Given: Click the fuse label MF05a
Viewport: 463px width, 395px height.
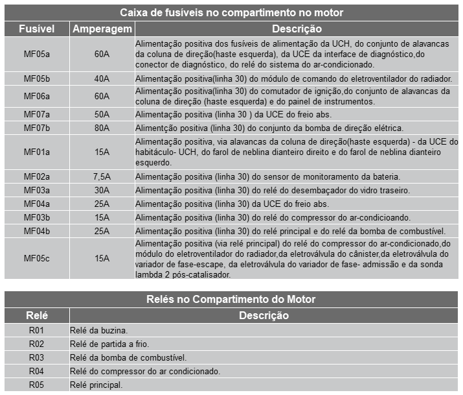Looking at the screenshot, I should pos(36,54).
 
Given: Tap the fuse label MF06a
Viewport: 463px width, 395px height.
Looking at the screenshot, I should pos(36,96).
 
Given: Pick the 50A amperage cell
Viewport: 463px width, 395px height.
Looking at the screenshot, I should pos(102,114).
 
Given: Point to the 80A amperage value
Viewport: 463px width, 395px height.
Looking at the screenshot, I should pos(102,127).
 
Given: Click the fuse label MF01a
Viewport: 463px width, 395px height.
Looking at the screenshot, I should pos(36,152).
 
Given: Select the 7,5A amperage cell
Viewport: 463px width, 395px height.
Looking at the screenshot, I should pos(102,177).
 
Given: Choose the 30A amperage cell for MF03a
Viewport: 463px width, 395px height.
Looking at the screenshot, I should pos(102,190).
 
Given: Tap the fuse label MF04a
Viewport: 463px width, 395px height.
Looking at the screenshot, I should pos(36,204).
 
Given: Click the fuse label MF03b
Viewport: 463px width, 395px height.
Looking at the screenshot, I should pos(36,217).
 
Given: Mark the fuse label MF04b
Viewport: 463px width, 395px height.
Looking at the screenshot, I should pos(36,230).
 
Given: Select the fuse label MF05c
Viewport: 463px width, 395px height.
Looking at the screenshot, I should pos(36,258).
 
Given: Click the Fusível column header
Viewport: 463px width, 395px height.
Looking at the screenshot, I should pos(36,29).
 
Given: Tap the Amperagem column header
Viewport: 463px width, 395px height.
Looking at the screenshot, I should pos(102,29).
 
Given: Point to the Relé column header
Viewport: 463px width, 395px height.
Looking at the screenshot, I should pos(36,316).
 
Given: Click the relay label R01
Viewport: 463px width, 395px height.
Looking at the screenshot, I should pos(36,330).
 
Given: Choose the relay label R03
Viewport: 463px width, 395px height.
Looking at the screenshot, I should pos(36,357).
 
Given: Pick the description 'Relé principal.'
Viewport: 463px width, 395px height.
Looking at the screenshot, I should pos(96,385).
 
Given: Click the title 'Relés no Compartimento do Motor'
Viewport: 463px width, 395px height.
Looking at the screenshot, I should pos(231,299).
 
